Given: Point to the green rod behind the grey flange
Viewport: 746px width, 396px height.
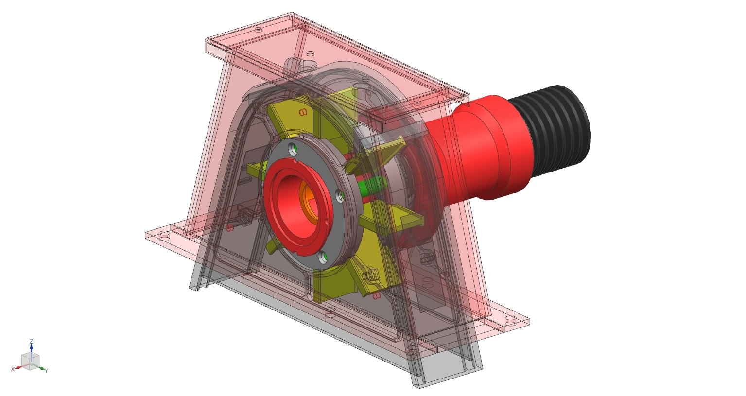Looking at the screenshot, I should (x=371, y=185).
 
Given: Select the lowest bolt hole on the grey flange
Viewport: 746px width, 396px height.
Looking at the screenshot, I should (x=323, y=258).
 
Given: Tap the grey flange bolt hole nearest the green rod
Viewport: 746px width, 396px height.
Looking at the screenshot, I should (x=341, y=196).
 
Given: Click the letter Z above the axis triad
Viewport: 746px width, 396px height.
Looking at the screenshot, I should (x=31, y=341).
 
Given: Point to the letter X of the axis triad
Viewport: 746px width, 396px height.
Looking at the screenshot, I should (x=13, y=370).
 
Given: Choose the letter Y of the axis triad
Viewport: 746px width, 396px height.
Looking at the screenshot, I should (x=47, y=371).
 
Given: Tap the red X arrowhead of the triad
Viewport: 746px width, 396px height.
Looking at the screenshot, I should (x=18, y=368).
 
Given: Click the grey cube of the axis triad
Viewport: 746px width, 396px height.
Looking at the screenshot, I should (x=30, y=361).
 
